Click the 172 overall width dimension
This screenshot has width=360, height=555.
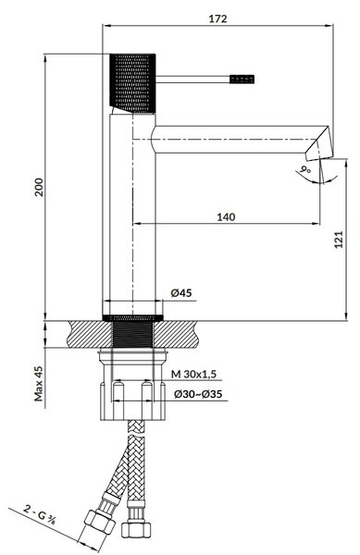coord(217,18)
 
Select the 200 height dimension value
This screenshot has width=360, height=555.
coord(39,187)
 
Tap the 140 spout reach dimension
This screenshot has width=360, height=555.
coord(226,216)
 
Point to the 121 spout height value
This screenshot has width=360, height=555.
coord(339,240)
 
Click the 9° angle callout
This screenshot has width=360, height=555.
coord(304,169)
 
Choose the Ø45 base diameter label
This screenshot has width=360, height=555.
coord(181,292)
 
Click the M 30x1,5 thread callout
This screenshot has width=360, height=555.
coord(193,374)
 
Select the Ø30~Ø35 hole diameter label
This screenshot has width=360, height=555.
coord(198,394)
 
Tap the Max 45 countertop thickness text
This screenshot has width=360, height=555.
coord(39,383)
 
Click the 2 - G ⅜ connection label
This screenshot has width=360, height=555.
coord(40,515)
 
